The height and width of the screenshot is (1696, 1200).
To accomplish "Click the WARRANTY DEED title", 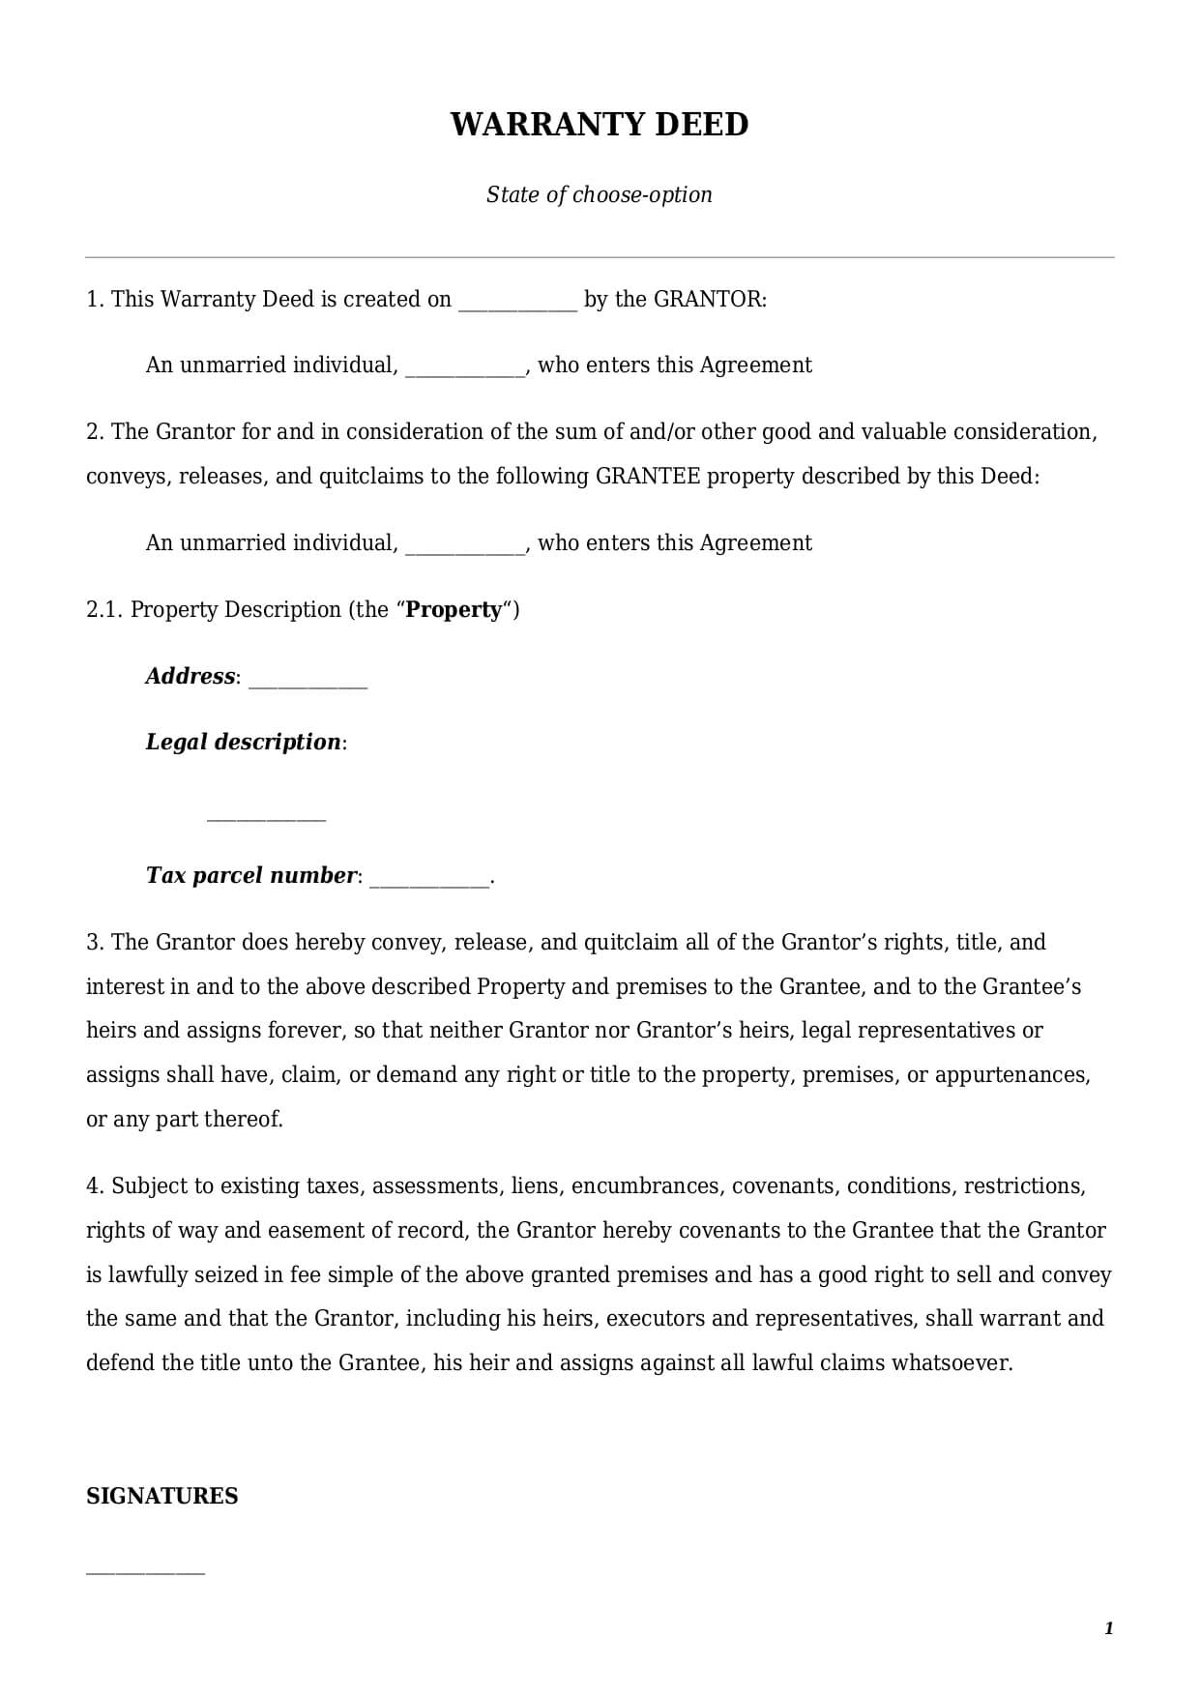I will pos(599,125).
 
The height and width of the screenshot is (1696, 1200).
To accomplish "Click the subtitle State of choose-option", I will pos(599,194).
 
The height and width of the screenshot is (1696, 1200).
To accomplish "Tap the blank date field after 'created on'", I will pos(517,302).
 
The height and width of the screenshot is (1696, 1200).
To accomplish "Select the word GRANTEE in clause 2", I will pos(647,476).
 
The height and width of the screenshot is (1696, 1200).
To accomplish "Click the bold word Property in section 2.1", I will pos(454,609).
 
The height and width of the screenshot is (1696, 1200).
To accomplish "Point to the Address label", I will pos(190,676).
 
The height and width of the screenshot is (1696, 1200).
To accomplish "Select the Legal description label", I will pos(243,742).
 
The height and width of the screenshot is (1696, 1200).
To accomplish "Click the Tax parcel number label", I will pos(251,875).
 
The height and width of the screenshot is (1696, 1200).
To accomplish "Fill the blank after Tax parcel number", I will pos(429,880).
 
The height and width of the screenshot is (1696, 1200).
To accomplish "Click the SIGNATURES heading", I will pos(161,1496).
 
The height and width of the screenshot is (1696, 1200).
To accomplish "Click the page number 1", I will pos(1108,1628).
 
